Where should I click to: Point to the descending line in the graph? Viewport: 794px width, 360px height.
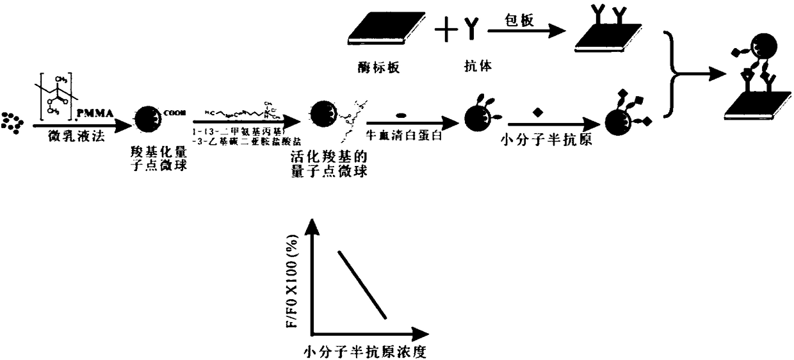[x=362, y=284]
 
